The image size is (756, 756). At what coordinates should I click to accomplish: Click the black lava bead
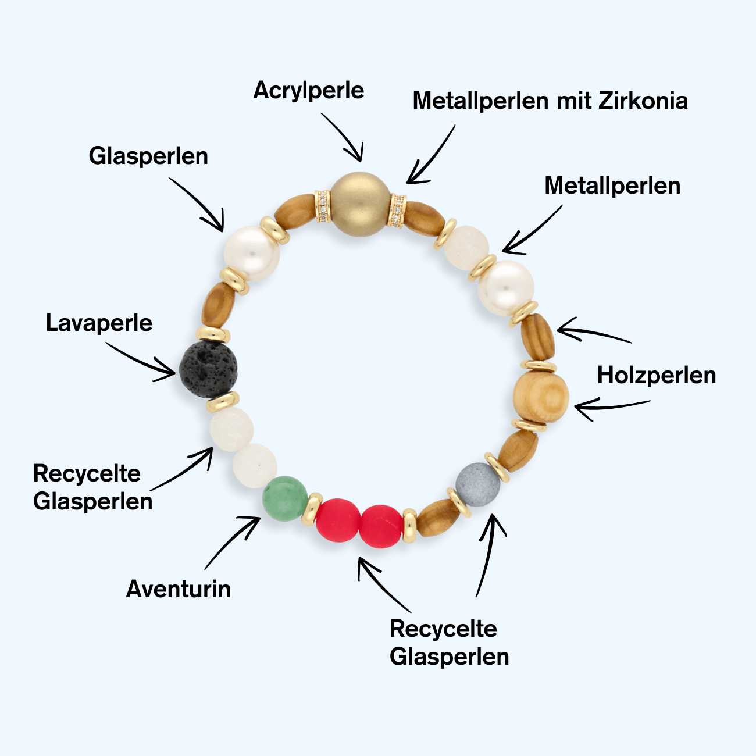tap(208, 370)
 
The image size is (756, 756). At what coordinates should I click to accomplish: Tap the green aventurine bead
tap(284, 498)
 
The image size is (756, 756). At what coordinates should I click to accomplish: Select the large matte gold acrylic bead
tap(360, 204)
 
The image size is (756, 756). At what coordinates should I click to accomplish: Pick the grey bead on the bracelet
tap(477, 484)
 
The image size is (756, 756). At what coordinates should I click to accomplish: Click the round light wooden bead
tap(541, 395)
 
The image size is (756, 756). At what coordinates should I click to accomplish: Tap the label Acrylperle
tap(309, 91)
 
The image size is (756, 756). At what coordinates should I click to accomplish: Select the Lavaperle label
tap(99, 323)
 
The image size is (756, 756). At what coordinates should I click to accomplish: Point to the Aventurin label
tap(179, 589)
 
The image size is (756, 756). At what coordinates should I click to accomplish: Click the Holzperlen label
tap(657, 375)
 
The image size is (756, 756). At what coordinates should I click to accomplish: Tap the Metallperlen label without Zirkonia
tap(612, 186)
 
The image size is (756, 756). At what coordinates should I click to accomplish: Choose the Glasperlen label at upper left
tap(148, 156)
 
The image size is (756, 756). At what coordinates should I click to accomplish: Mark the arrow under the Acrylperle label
tap(344, 137)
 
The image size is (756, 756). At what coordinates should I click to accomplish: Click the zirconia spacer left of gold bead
tap(323, 206)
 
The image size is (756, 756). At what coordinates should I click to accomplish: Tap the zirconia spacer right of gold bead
tap(397, 210)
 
